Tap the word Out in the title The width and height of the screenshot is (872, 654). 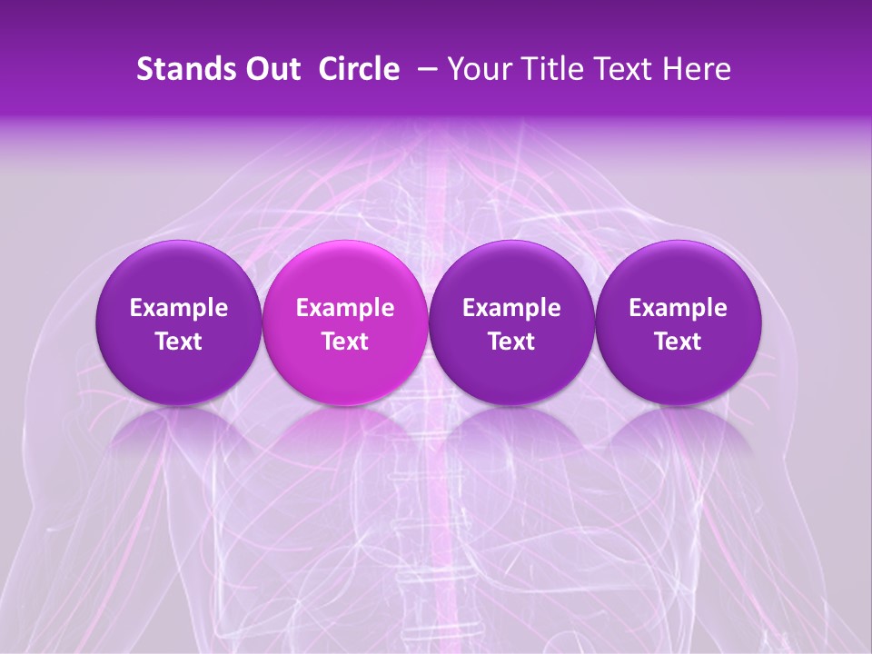[272, 69]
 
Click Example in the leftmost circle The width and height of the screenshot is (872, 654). [179, 309]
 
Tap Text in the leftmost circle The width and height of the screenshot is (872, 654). [179, 342]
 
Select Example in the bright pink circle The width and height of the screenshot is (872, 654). [345, 309]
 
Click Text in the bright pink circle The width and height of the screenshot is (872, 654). [345, 342]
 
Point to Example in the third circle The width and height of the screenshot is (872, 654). [511, 309]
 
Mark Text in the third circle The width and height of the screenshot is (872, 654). [511, 342]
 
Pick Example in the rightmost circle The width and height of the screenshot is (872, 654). [678, 309]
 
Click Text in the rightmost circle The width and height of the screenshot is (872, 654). [678, 342]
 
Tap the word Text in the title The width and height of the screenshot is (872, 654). [627, 69]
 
